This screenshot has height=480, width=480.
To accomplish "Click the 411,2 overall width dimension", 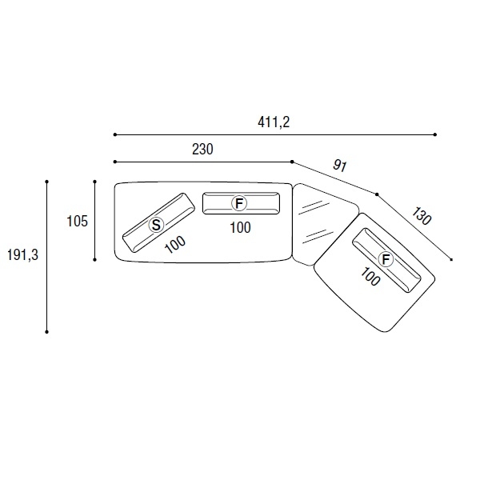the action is [274, 122].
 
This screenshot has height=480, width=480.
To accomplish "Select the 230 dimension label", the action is [202, 150].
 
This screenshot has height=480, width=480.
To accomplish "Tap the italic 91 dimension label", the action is [340, 166].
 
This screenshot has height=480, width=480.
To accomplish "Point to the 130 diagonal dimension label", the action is [422, 216].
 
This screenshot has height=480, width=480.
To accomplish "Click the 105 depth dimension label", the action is [77, 221].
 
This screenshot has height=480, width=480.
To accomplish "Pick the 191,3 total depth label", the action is [22, 254].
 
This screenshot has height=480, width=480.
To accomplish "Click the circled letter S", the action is [156, 226].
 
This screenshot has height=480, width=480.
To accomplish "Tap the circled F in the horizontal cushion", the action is [239, 203].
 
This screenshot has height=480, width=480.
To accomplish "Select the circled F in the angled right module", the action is [386, 259].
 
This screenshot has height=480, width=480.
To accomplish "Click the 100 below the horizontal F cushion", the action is [240, 228].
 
